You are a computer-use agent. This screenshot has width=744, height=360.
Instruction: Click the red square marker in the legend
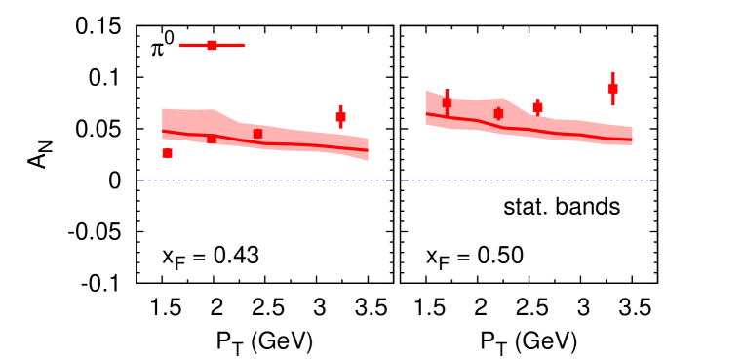(x=212, y=45)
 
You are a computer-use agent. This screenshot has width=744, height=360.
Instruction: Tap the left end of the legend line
(x=180, y=45)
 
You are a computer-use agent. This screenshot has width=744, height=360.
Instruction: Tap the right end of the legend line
(x=244, y=45)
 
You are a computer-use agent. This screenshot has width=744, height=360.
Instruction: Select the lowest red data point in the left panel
(x=167, y=153)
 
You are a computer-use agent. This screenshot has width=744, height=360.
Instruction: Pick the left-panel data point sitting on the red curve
(x=212, y=139)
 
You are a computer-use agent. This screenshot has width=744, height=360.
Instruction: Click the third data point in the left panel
(x=257, y=134)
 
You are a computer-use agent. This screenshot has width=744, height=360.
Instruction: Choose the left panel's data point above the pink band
(x=340, y=117)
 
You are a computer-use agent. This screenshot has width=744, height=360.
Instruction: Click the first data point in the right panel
(x=447, y=101)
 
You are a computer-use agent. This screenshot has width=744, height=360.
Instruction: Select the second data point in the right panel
(x=498, y=114)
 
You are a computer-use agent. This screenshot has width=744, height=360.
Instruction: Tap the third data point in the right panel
(x=537, y=107)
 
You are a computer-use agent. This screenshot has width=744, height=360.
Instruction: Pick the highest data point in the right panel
(x=612, y=89)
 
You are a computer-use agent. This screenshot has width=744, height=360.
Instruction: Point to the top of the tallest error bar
(x=612, y=73)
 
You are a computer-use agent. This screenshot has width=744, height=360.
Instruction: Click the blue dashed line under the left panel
(x=263, y=180)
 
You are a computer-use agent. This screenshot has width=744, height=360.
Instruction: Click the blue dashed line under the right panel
(x=527, y=180)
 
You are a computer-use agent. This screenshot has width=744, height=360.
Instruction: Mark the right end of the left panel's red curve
(x=368, y=149)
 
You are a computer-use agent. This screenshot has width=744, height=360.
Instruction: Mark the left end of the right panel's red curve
(x=426, y=113)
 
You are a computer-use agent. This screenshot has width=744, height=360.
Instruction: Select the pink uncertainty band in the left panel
(x=293, y=137)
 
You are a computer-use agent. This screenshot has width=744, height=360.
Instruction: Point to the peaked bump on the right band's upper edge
(x=503, y=99)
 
